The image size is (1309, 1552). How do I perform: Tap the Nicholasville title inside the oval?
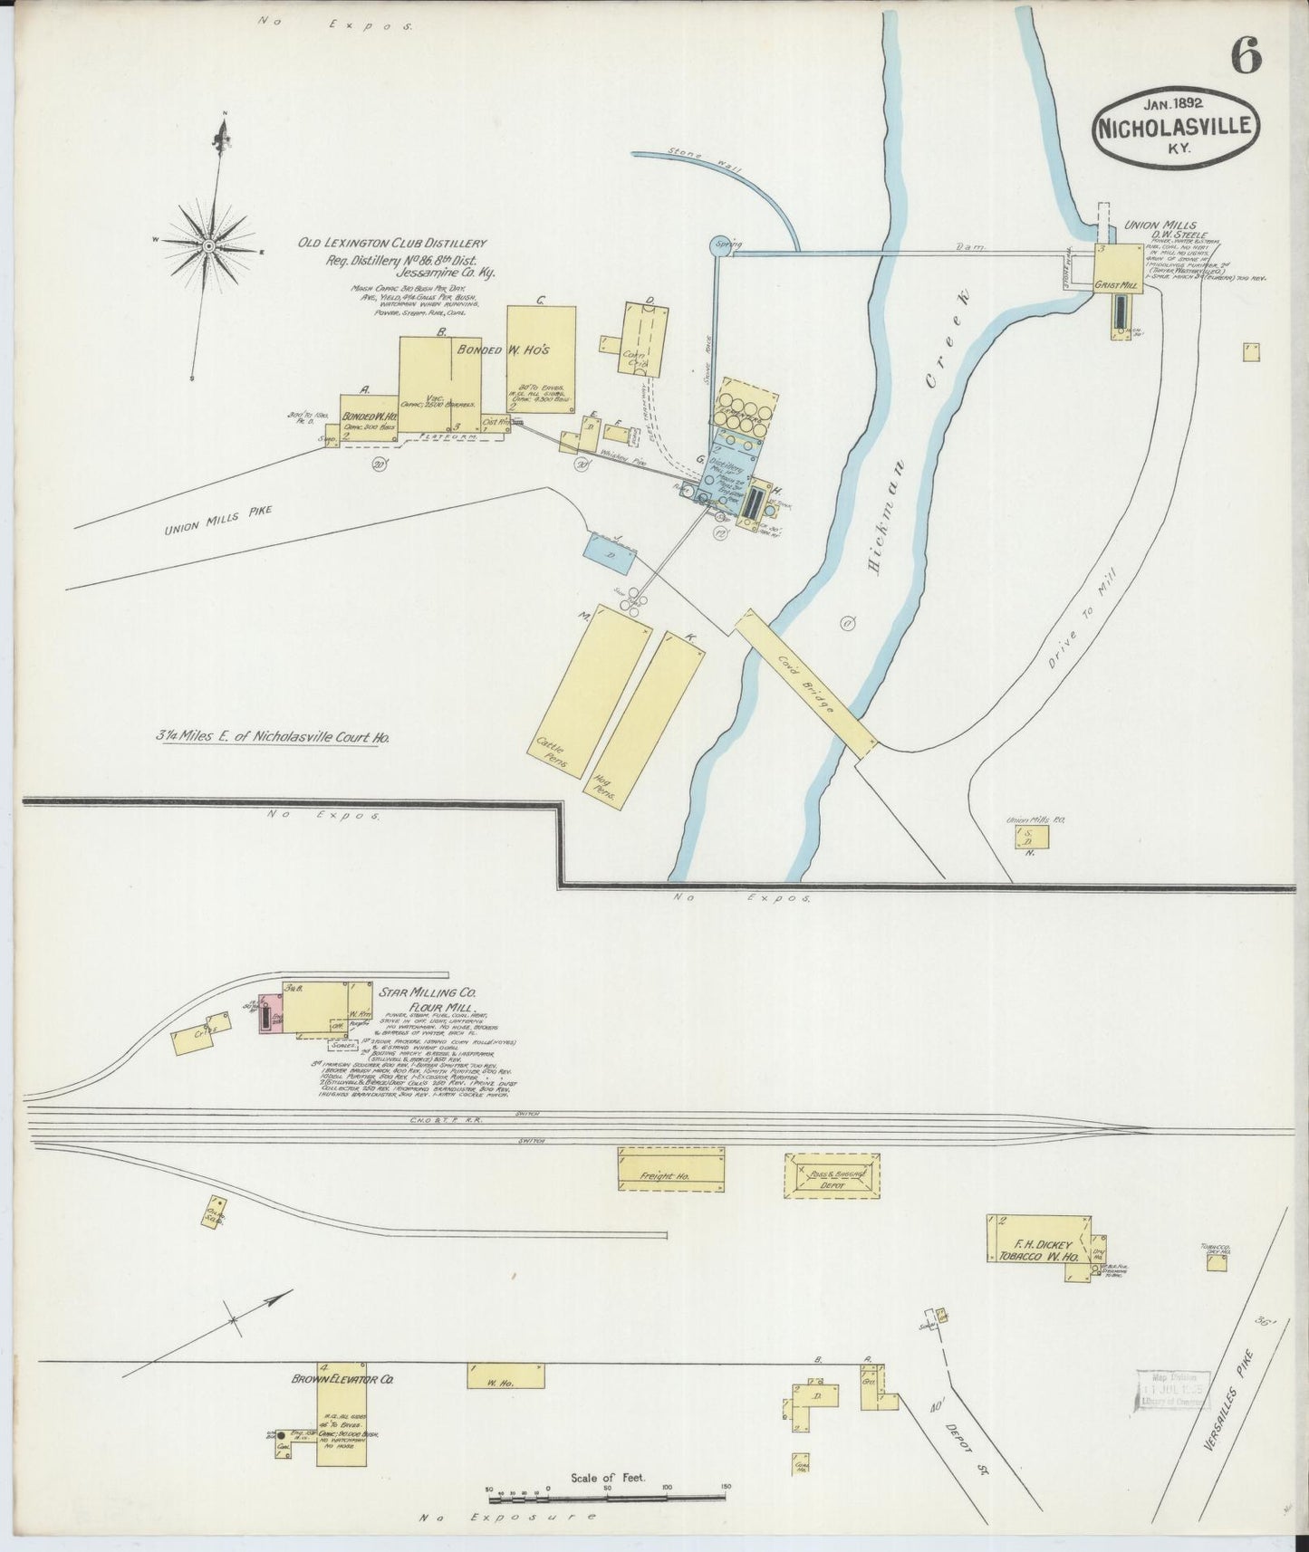coord(1177,126)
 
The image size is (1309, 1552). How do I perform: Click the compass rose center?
coord(210,245)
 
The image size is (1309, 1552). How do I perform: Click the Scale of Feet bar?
coord(607,1488)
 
